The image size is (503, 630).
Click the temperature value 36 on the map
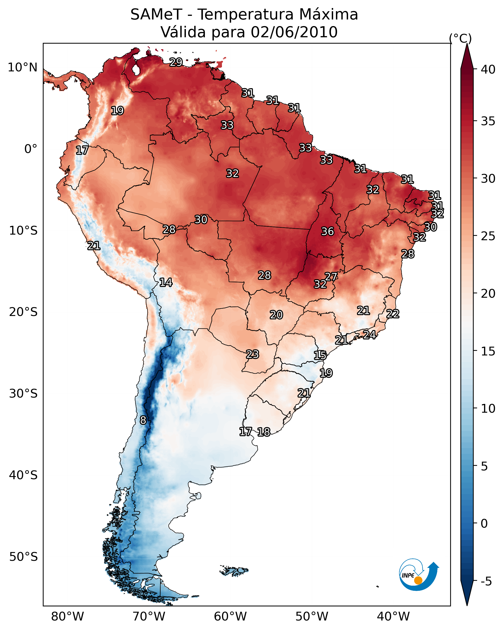click(327, 231)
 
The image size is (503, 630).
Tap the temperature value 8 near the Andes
click(143, 420)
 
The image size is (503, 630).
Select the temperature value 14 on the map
click(165, 282)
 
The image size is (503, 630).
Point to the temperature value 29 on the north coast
click(176, 62)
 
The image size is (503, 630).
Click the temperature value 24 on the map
click(369, 334)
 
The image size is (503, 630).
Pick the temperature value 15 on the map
click(320, 355)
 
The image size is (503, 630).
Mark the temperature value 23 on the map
click(252, 354)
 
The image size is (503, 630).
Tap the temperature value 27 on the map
click(331, 277)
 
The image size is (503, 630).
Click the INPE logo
click(419, 576)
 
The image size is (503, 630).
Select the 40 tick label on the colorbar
click(488, 69)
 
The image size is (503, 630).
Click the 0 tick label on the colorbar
click(484, 524)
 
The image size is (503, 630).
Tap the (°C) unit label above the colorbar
click(460, 38)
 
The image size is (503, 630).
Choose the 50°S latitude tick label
click(23, 557)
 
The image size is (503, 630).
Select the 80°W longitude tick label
click(67, 617)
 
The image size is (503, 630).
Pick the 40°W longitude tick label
click(393, 617)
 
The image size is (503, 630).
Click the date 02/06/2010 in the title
click(294, 32)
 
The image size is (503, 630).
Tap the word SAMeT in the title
click(156, 15)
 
